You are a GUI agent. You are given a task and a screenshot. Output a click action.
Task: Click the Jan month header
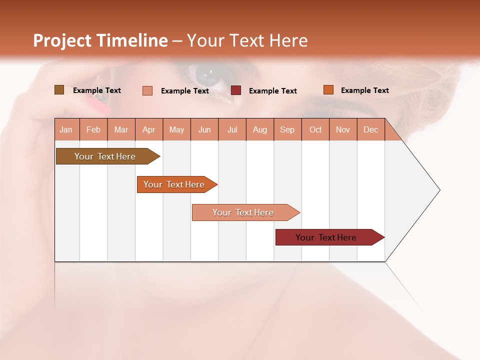point(66,129)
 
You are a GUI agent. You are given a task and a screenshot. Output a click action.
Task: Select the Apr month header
point(149,129)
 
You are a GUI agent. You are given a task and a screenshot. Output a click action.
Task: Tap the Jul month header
point(232,129)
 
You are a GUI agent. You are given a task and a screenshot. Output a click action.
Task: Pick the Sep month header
point(287,129)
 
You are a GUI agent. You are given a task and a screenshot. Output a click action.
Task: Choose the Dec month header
point(371,129)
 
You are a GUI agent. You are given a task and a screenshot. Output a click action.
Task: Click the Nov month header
point(343,129)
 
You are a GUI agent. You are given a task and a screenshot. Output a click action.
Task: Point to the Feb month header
point(93,129)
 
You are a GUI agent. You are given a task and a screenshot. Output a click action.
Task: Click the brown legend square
point(59,90)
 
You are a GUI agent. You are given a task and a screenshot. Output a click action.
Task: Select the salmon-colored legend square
point(147,90)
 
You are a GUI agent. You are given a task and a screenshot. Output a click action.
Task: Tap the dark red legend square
point(236,90)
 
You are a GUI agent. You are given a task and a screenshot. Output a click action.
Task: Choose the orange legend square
point(328,90)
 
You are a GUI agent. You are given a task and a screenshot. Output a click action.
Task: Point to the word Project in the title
point(62,40)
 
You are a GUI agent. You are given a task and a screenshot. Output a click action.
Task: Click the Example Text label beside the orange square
point(364,90)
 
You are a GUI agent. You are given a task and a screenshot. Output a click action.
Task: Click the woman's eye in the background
point(206,75)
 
